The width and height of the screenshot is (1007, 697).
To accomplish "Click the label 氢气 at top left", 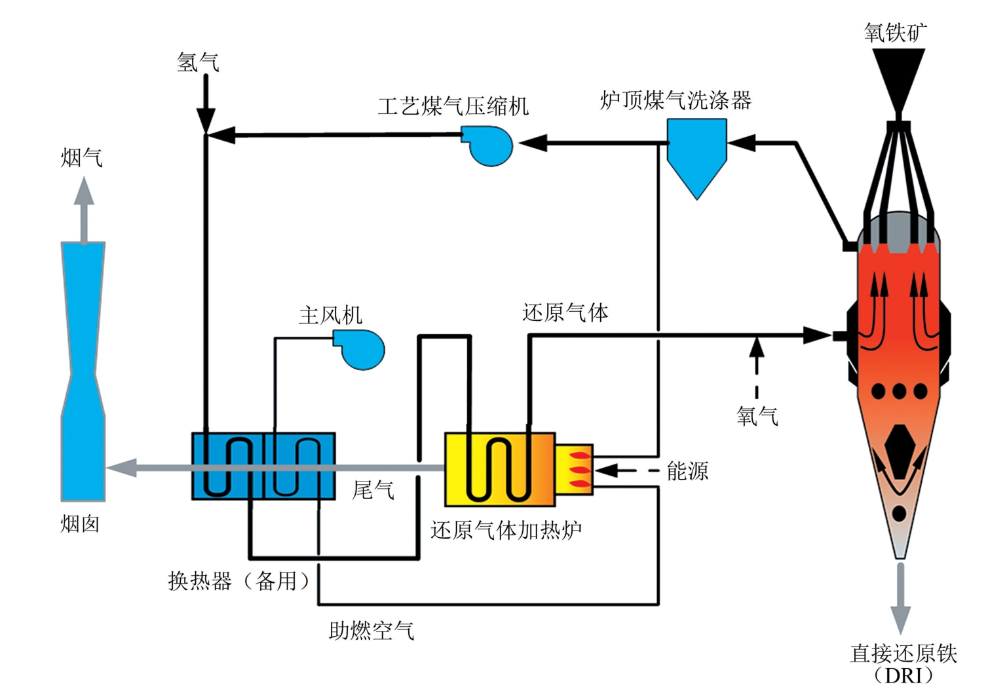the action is pos(198,62).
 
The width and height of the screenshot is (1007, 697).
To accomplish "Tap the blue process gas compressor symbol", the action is pos(488,145).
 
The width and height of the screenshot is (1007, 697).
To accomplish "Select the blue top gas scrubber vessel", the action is pos(696,157).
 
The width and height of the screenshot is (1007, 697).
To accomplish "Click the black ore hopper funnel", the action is pos(898,81).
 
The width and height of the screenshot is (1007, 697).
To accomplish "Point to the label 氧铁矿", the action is pos(895,32).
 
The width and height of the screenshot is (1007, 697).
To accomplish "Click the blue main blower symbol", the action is pos(359,350).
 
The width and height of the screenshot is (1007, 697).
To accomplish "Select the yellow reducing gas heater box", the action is pos(500,470).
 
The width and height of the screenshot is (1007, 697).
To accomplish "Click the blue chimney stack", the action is pos(83,371).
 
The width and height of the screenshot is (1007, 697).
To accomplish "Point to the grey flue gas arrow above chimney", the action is pos(84,210).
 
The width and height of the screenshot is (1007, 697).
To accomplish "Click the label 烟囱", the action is pos(80,524).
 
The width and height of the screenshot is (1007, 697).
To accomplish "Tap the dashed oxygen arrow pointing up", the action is pos(757,367).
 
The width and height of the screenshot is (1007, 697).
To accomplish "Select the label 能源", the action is pos(687,471).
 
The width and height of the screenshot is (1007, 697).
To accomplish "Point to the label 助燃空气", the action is pos(371,630).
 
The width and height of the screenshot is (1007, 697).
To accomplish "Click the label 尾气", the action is pos(373,489).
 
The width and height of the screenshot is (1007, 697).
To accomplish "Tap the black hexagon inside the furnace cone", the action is pos(900,451).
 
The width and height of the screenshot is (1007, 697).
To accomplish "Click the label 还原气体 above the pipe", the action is pos(565,312).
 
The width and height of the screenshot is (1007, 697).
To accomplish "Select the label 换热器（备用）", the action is pos(239,581).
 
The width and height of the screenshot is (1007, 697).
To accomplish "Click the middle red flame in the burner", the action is pos(580,470).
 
